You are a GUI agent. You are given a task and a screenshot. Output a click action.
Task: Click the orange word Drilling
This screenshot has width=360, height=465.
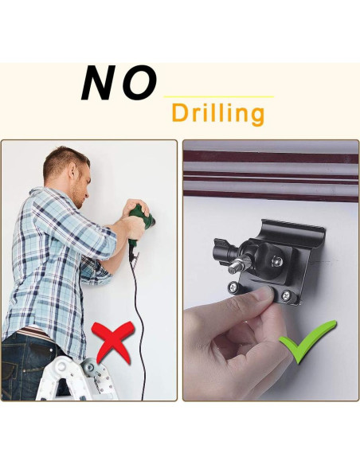tap(217, 113)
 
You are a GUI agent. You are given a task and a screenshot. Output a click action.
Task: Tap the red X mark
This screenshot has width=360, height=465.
tap(112, 342)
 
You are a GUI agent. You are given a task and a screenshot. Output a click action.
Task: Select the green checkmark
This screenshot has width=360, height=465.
tap(307, 341)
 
